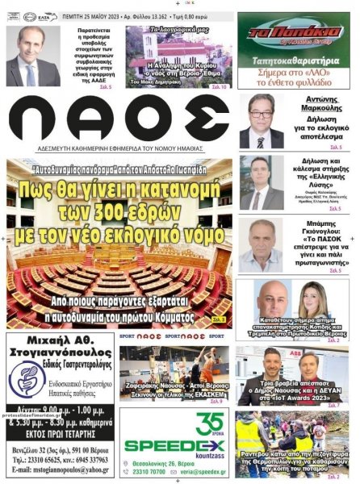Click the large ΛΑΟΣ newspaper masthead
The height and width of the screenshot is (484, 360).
point(119,121)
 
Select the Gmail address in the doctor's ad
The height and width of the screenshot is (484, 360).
point(61,469)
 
